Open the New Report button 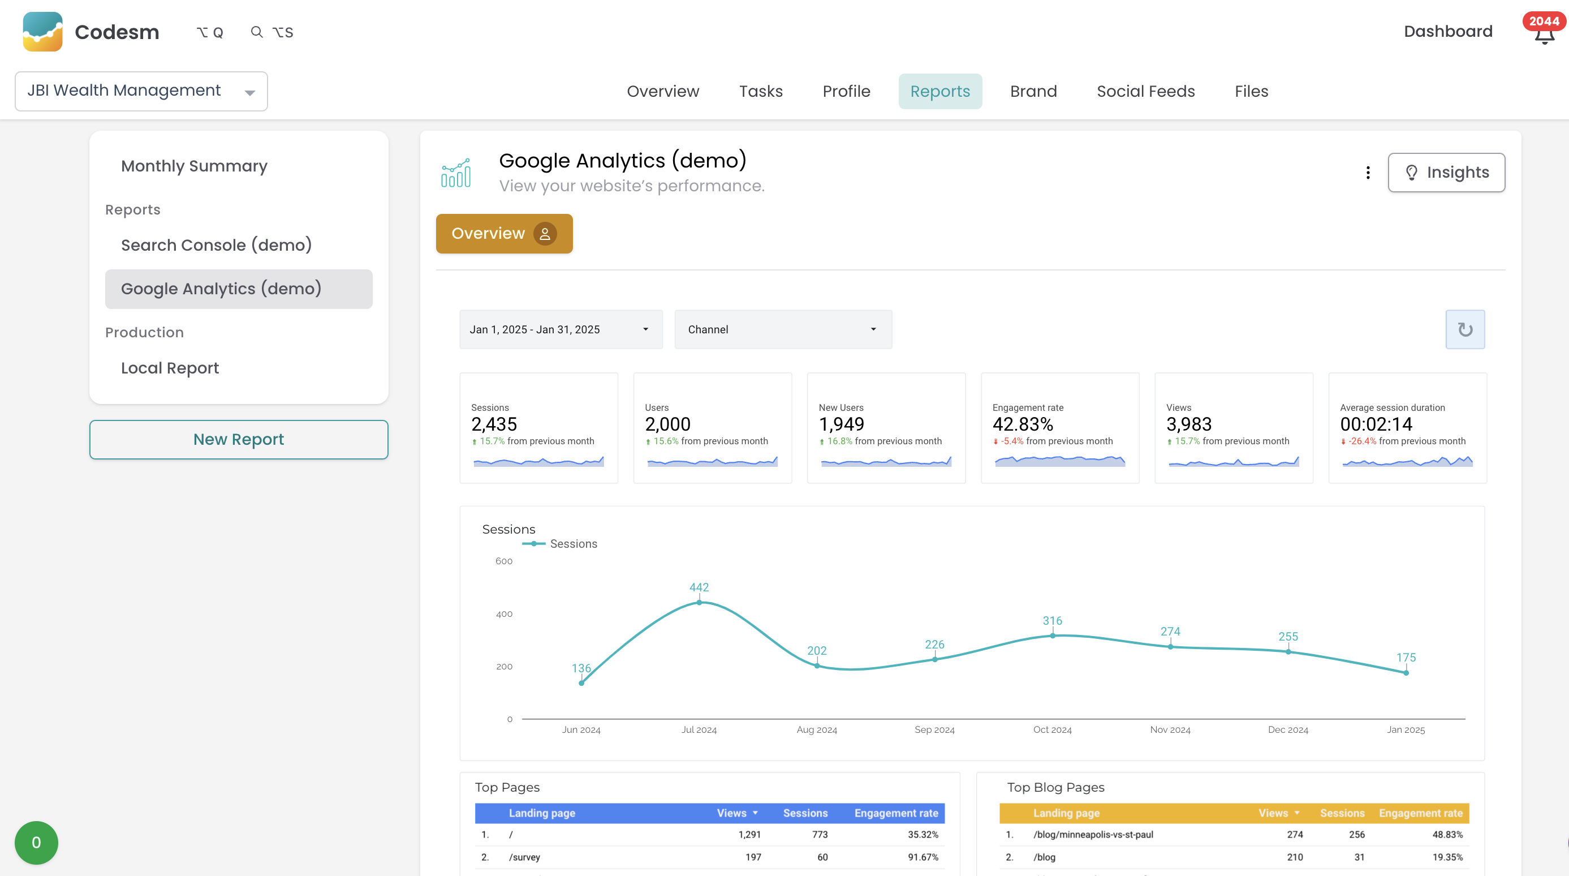[x=238, y=439]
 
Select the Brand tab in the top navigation [x=1033, y=91]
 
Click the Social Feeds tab [x=1145, y=91]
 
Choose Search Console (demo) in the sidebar [x=216, y=245]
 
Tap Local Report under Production [x=169, y=368]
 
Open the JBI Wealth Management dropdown [x=141, y=91]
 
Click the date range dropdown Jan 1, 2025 [x=561, y=329]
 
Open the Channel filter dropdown [x=783, y=329]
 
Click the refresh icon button [x=1465, y=329]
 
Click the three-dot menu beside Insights [x=1368, y=173]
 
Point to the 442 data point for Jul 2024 [x=699, y=602]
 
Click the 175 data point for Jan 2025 [x=1406, y=672]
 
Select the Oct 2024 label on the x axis [x=1052, y=729]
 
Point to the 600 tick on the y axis [x=504, y=561]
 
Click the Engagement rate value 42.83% [x=1023, y=424]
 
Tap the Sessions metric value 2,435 [x=494, y=424]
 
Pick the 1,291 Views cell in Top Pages [x=749, y=835]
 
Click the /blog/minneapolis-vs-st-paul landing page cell [x=1093, y=835]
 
